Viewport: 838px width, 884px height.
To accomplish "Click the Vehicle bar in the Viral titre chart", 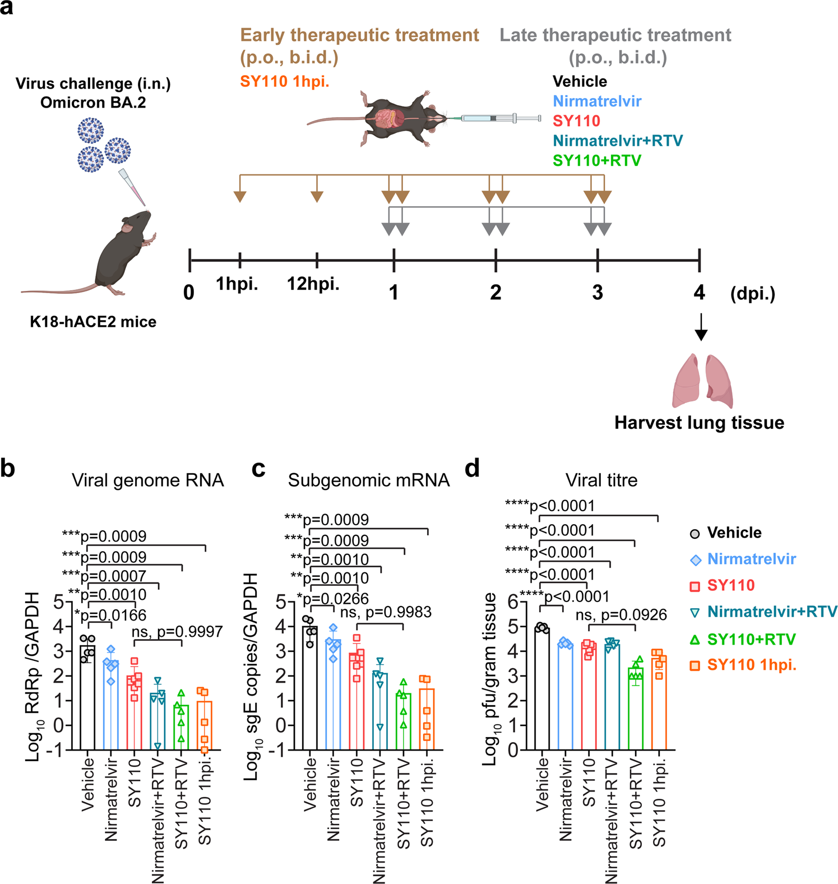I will [x=542, y=689].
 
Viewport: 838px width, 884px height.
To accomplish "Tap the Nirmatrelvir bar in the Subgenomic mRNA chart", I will [x=334, y=695].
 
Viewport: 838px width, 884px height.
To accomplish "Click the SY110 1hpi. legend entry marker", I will [x=695, y=665].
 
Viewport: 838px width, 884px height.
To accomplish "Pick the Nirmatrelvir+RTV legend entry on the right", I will [x=772, y=612].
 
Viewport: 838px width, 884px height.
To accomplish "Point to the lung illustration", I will [x=702, y=381].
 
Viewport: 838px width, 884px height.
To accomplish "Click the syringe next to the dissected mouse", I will [x=499, y=118].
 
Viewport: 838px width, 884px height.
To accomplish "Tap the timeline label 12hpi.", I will [x=313, y=284].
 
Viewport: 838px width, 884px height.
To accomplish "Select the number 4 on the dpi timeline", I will [x=699, y=292].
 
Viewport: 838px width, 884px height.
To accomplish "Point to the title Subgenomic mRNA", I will [x=368, y=480].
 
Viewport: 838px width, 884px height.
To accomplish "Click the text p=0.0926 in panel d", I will [x=633, y=615].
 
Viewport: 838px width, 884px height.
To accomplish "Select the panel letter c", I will [x=258, y=469].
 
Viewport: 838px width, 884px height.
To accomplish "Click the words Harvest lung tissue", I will [x=699, y=423].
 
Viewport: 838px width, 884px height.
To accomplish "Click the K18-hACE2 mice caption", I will [x=93, y=322].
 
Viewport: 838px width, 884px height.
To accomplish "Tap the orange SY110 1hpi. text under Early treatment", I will [x=284, y=81].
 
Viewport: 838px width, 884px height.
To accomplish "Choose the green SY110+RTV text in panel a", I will [x=596, y=161].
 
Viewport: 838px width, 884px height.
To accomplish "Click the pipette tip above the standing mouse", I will [x=133, y=188].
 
